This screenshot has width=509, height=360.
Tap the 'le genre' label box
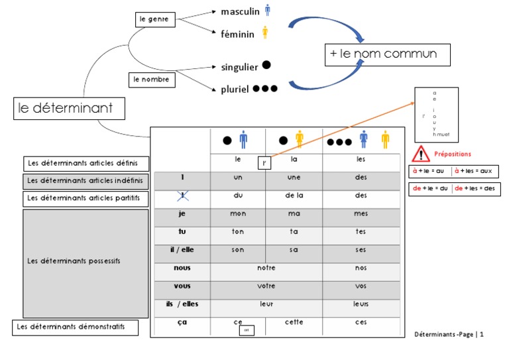pos(154,19)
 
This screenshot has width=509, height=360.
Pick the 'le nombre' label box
pos(150,80)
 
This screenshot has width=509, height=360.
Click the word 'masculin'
pos(240,11)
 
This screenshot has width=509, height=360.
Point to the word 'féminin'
pos(237,34)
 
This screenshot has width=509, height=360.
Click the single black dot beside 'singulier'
pos(266,65)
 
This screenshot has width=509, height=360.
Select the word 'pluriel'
pos(235,89)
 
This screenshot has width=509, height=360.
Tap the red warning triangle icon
pos(421,154)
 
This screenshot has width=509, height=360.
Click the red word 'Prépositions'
pos(453,154)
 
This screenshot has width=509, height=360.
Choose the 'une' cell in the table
pos(294,178)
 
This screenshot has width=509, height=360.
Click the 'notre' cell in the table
pos(266,268)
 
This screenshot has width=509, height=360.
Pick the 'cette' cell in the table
pos(294,323)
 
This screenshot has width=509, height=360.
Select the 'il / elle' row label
pos(182,249)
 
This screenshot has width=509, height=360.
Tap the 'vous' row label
pos(182,286)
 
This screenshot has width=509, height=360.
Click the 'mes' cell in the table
pos(361,214)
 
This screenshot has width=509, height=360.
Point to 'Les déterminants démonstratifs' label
pos(69,327)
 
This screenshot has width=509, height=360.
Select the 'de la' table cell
pos(294,196)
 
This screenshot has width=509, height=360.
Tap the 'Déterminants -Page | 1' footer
pos(449,335)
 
